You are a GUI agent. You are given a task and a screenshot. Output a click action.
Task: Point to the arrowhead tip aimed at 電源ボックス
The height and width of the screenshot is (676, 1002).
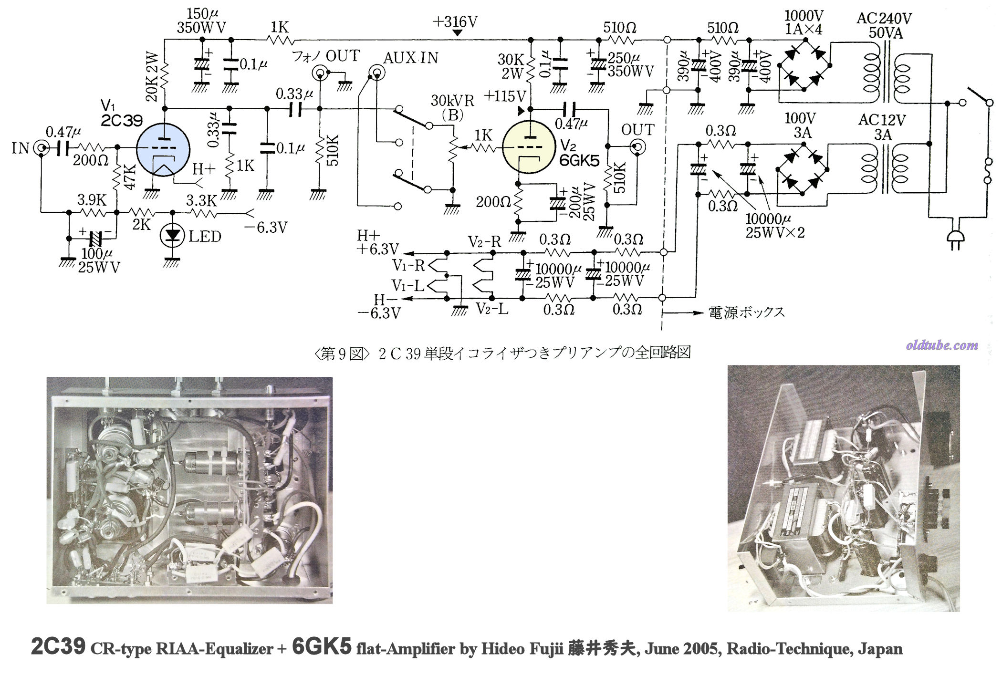point(704,313)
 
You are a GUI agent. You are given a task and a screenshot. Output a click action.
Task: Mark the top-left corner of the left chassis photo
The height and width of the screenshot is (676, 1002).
point(47,377)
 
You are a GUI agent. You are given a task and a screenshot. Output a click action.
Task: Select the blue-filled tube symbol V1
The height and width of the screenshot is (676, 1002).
point(163,148)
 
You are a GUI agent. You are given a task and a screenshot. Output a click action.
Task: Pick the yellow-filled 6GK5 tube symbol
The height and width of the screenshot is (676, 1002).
point(529,147)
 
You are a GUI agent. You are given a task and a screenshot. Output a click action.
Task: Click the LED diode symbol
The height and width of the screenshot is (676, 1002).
point(172,236)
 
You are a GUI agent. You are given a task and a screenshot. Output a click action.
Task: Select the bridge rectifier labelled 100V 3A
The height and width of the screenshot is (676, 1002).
point(803,169)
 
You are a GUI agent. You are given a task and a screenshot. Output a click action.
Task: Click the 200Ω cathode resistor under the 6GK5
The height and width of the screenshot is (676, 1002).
point(518,202)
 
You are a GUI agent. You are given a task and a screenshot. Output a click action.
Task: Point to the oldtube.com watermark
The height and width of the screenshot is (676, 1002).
point(942,345)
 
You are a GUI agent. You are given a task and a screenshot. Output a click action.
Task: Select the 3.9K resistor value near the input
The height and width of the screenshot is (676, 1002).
point(92,199)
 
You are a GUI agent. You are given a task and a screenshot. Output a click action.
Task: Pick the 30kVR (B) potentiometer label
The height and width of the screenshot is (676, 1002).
point(452,107)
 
